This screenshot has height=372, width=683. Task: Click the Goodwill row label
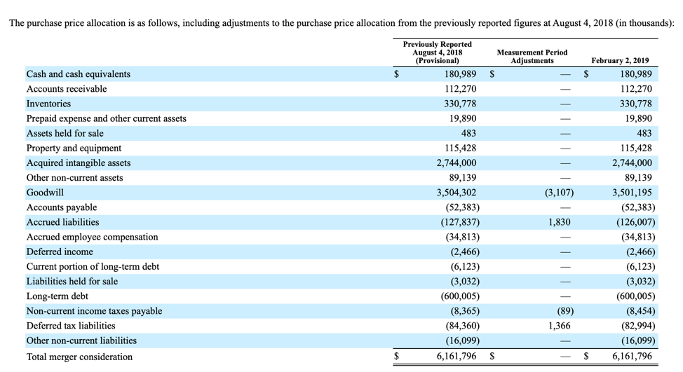coord(45,193)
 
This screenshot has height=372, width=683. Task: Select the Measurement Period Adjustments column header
coord(532,57)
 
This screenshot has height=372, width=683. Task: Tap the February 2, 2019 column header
coord(620,60)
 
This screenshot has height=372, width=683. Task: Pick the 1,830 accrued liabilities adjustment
coord(560,222)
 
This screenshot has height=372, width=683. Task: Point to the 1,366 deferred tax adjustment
coord(560,326)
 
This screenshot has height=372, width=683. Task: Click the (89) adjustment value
coord(565,310)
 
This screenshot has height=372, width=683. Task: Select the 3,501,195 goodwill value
coord(632,193)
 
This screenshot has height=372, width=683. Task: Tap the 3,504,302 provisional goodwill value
coord(457,193)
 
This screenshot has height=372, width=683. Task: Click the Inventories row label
coord(48,104)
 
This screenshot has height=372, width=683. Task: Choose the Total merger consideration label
coord(79,357)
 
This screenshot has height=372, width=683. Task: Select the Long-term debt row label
coord(57,296)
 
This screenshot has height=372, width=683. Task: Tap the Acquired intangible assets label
coord(79,163)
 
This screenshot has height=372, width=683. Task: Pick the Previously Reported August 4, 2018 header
coord(438,53)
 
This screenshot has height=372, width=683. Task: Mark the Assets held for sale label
coord(65,133)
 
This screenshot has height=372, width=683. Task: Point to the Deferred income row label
coord(60,252)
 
